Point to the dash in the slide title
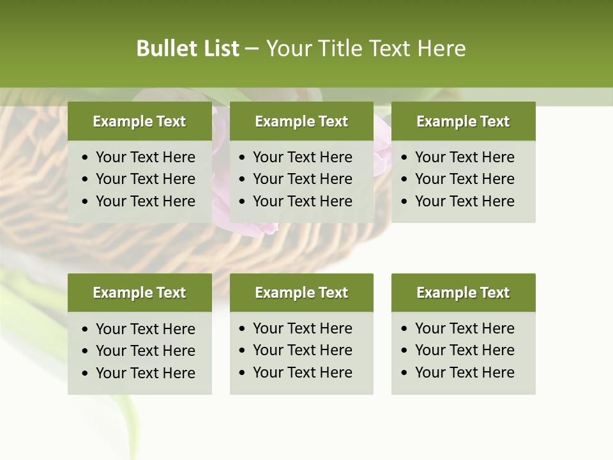(252, 49)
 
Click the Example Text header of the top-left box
(139, 121)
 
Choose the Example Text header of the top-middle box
(301, 121)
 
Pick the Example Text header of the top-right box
(463, 121)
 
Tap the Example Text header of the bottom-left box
(139, 293)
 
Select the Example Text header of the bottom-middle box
(301, 293)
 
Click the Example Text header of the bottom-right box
(463, 293)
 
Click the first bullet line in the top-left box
(145, 157)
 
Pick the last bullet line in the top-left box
(145, 201)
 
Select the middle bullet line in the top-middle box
(302, 179)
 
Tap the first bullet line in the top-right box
(464, 157)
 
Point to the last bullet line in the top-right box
(464, 201)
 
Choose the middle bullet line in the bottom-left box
(145, 351)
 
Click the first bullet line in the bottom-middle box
(302, 328)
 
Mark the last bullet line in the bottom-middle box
(302, 372)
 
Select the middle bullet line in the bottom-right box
(464, 350)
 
